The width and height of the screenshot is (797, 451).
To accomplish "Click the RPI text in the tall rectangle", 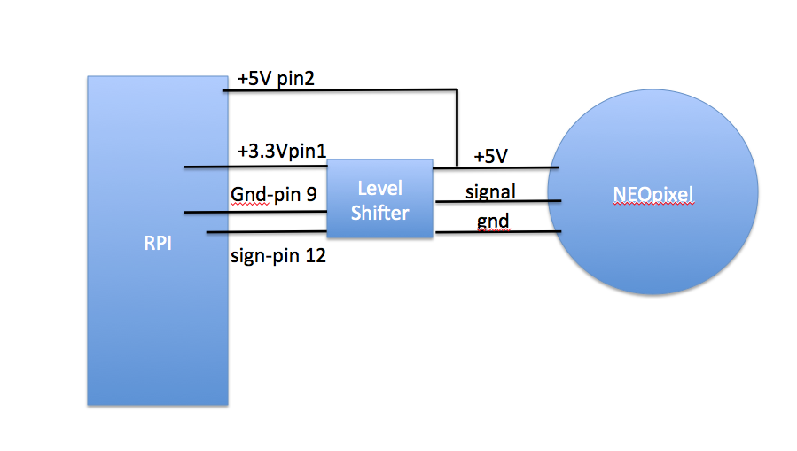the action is (158, 244).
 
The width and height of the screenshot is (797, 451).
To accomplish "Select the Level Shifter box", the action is (379, 198).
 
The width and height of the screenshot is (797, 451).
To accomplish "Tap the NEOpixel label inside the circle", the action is (653, 195).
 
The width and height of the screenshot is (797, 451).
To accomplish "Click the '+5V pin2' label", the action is (276, 79).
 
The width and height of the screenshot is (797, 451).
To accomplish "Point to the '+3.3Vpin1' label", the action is (282, 151).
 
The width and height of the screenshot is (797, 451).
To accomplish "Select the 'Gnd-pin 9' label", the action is (273, 194).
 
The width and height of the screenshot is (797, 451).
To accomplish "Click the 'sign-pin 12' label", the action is (278, 255).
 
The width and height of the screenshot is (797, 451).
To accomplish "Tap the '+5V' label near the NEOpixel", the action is (490, 156).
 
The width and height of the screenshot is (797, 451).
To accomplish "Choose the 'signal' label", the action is (490, 192).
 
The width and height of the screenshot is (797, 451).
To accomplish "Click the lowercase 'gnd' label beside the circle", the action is (493, 222).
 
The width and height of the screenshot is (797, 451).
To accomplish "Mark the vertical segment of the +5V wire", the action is (457, 128).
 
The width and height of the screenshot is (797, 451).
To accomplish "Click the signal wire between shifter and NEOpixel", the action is (498, 202).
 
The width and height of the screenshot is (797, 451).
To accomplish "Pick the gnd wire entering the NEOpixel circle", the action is (498, 232).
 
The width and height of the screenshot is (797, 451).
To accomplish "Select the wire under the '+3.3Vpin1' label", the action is (255, 166).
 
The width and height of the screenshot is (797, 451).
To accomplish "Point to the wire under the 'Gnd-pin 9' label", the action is (255, 212).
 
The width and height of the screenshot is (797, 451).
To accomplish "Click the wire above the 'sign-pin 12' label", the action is (266, 232).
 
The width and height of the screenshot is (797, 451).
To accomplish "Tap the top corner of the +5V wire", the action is (457, 89).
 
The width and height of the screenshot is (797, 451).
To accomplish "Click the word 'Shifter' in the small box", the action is (379, 213).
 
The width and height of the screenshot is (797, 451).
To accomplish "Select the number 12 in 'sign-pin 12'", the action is (315, 255).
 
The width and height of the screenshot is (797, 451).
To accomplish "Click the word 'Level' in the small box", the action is (379, 189).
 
